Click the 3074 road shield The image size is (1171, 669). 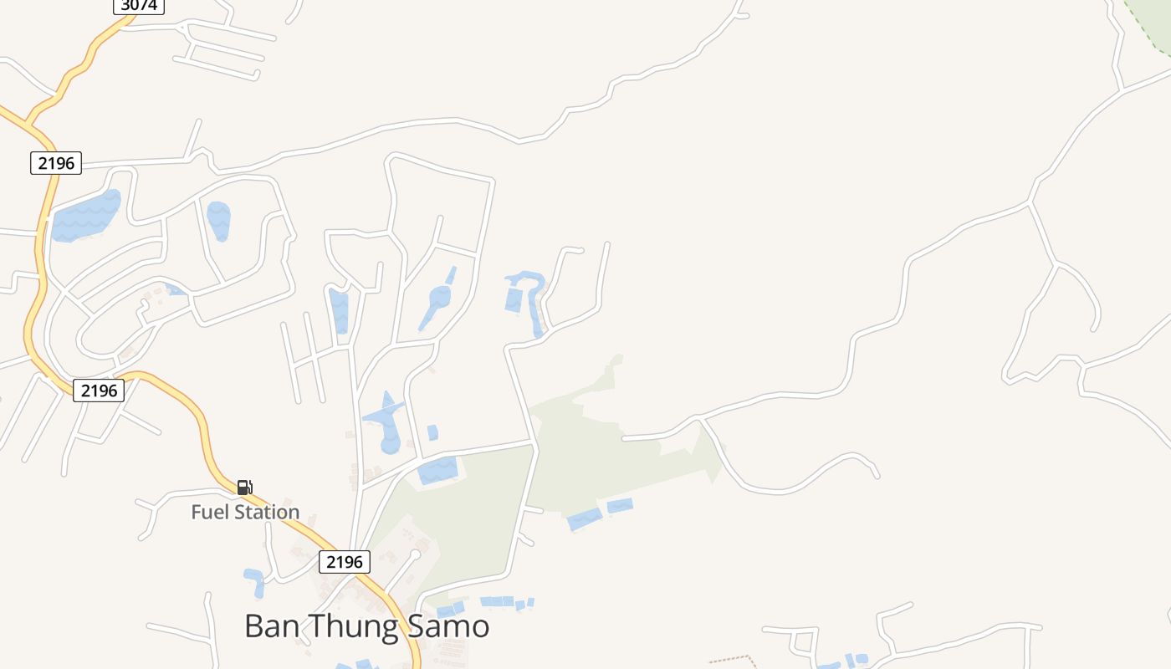pyautogui.click(x=139, y=5)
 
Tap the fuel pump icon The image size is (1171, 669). pyautogui.click(x=244, y=487)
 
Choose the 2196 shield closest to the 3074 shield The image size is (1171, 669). pyautogui.click(x=56, y=163)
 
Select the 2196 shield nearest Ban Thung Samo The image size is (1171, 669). pyautogui.click(x=344, y=562)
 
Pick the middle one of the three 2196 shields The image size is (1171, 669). pyautogui.click(x=99, y=390)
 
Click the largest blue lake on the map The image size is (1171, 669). pyautogui.click(x=86, y=217)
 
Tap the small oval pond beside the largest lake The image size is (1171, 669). pyautogui.click(x=219, y=220)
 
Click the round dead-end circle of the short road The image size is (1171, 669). pyautogui.click(x=414, y=554)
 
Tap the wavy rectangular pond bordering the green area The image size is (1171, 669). pyautogui.click(x=437, y=471)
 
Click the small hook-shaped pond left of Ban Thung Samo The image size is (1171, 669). pyautogui.click(x=254, y=581)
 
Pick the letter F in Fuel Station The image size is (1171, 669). pyautogui.click(x=197, y=512)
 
